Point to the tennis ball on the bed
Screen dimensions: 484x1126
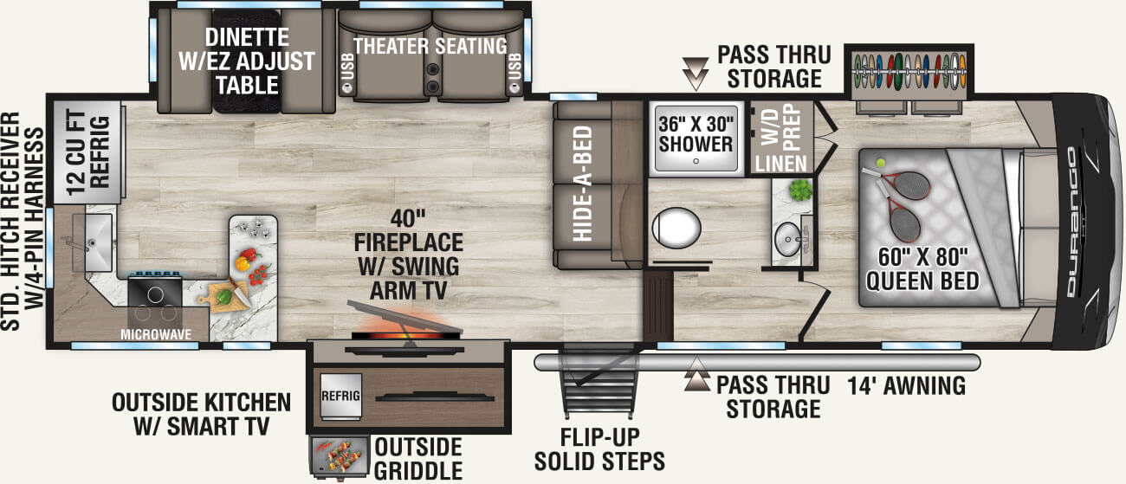click(880, 161)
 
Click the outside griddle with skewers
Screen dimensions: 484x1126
click(339, 457)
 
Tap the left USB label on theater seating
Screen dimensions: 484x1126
click(347, 76)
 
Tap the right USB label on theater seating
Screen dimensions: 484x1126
click(515, 76)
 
